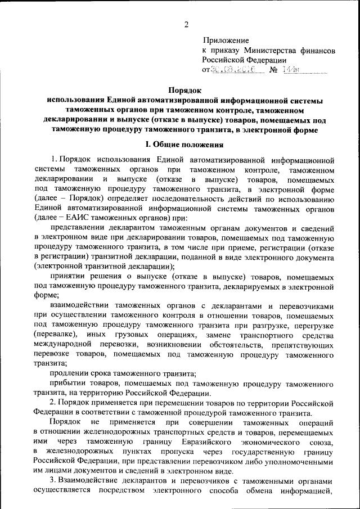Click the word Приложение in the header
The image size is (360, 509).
click(224, 40)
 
